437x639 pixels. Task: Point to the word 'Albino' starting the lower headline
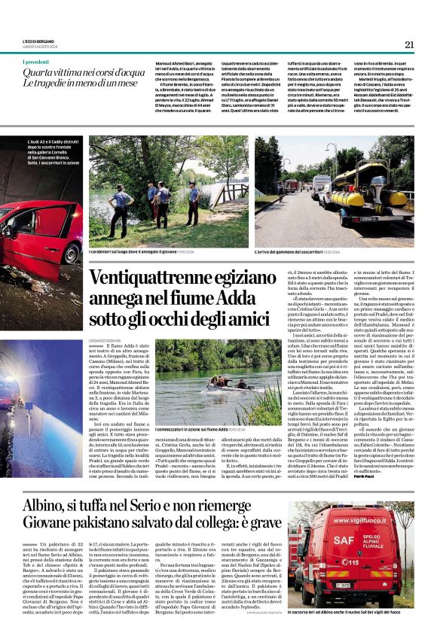(44, 505)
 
